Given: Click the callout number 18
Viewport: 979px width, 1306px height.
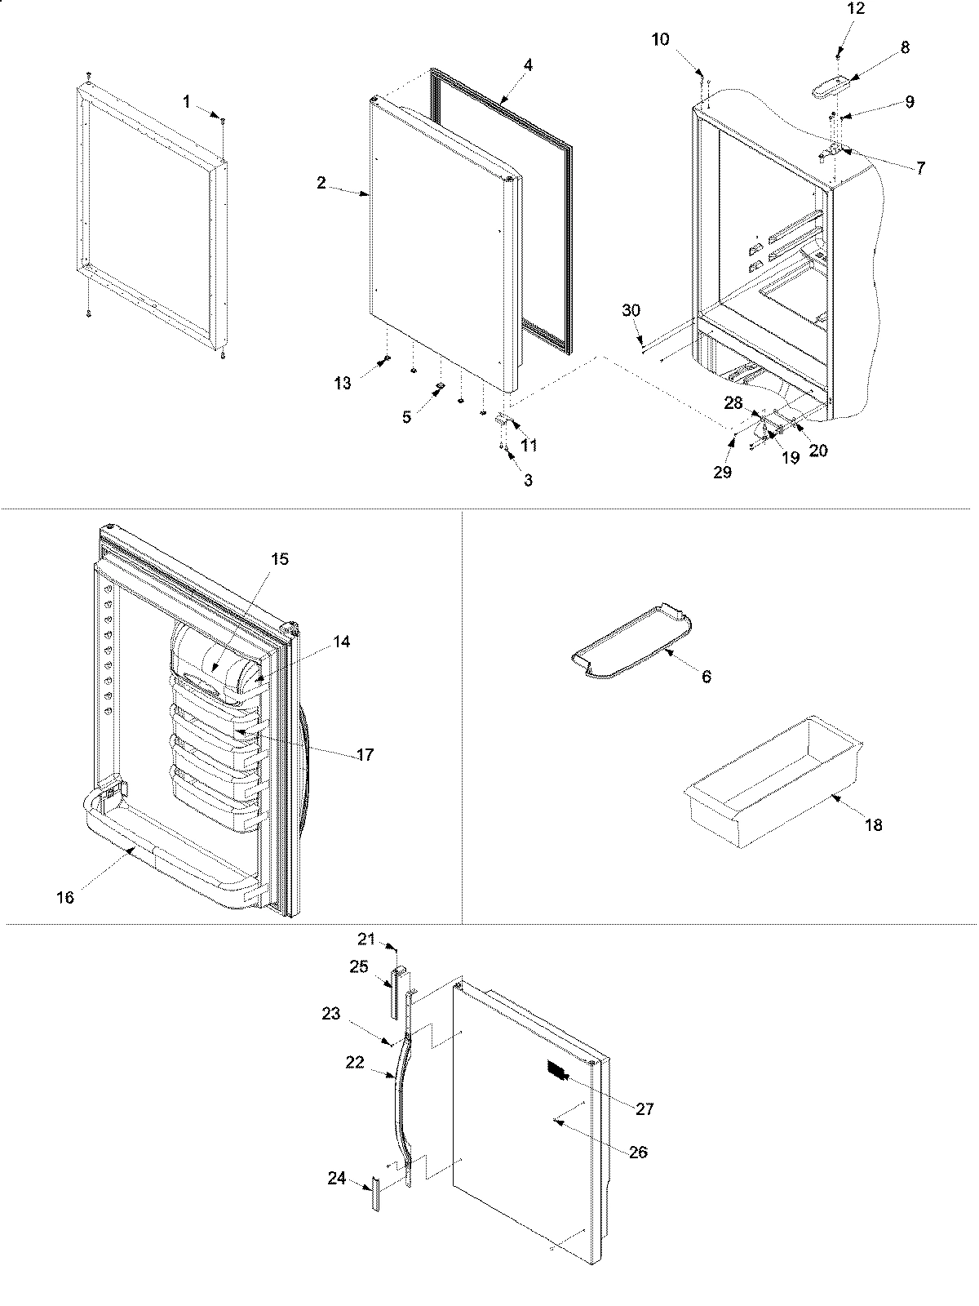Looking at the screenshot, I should pyautogui.click(x=873, y=825).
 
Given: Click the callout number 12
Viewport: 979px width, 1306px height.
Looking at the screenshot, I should pyautogui.click(x=856, y=9).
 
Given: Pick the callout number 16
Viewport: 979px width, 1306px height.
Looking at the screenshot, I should pyautogui.click(x=65, y=898).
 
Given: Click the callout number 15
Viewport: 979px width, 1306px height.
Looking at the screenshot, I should pyautogui.click(x=280, y=559).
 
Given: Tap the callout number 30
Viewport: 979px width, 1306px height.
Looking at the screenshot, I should pyautogui.click(x=631, y=310).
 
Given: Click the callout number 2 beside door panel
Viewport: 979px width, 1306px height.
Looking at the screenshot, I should pyautogui.click(x=321, y=183).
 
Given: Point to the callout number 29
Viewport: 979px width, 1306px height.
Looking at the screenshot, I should pyautogui.click(x=722, y=472).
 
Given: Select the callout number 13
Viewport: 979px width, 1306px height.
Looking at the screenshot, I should pyautogui.click(x=343, y=382).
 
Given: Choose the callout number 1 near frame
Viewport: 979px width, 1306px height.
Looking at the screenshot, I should pyautogui.click(x=187, y=101).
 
